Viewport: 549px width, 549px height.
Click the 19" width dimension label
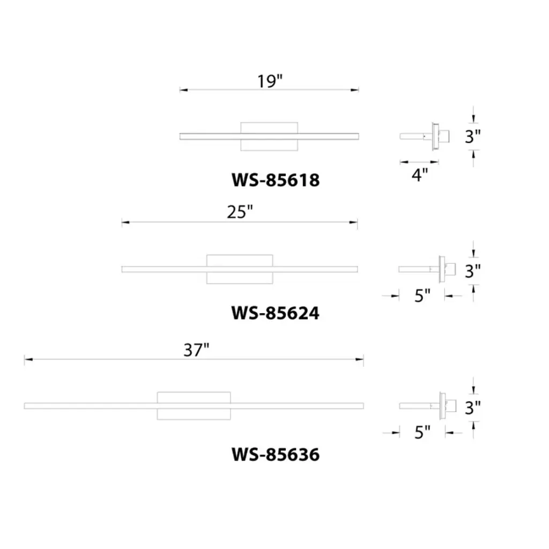click(270, 81)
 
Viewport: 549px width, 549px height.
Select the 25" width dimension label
click(240, 212)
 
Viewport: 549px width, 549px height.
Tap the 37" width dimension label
click(196, 350)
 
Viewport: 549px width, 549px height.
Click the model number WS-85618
click(276, 180)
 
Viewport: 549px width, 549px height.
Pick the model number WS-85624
click(275, 313)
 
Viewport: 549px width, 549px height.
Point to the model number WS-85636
click(276, 455)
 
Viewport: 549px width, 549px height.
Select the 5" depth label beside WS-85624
click(422, 296)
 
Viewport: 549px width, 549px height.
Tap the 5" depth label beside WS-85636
click(422, 433)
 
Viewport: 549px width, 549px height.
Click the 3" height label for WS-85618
click(473, 137)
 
